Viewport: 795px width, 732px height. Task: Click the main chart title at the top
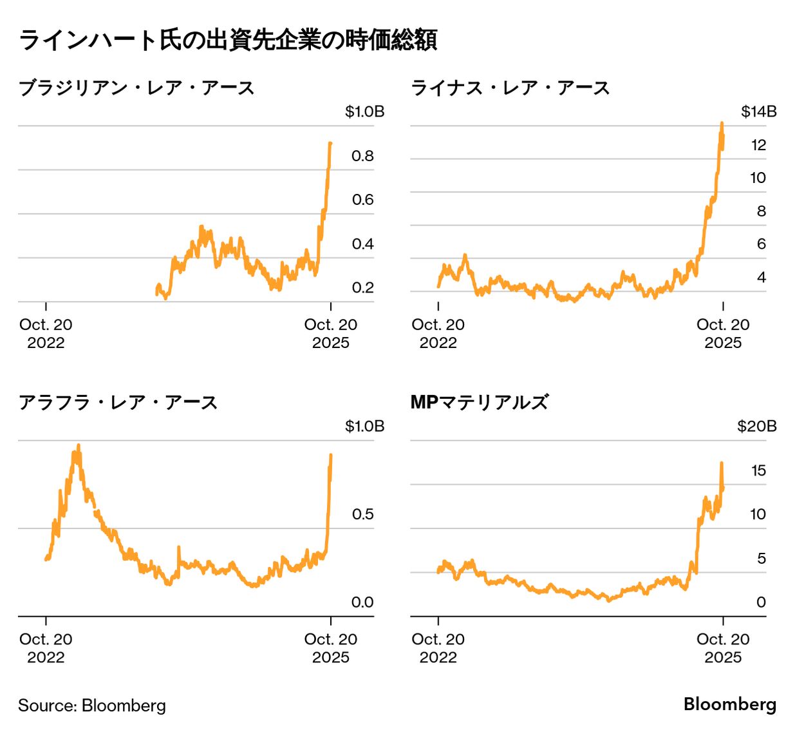pos(228,40)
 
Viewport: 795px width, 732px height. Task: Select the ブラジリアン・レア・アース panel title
pos(136,88)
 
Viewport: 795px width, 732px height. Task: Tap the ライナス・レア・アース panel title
pos(510,88)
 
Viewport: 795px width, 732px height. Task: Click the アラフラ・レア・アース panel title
pos(118,403)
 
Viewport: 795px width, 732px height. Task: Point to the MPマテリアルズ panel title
pos(480,403)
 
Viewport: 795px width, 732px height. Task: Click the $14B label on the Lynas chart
pos(758,111)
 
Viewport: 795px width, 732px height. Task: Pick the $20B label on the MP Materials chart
pos(756,426)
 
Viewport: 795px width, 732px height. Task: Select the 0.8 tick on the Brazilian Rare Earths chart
pos(362,156)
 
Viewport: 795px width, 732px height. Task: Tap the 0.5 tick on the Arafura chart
pos(362,514)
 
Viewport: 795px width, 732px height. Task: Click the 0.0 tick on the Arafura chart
pos(362,602)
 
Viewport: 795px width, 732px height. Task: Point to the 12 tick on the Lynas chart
pos(758,145)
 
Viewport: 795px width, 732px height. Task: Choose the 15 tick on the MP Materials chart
pos(758,470)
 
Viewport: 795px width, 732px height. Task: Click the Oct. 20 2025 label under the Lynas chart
pos(723,333)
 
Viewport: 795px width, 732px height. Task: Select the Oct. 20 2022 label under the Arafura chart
pos(46,648)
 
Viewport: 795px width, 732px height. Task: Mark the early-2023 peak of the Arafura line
pos(79,445)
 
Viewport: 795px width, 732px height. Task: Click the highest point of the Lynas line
pos(722,122)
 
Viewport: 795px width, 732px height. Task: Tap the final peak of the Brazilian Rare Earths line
pos(330,143)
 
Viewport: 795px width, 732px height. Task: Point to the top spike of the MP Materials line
pos(722,463)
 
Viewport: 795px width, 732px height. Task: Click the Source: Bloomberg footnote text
pos(92,706)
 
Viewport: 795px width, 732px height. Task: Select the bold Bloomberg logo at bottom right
pos(729,704)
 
